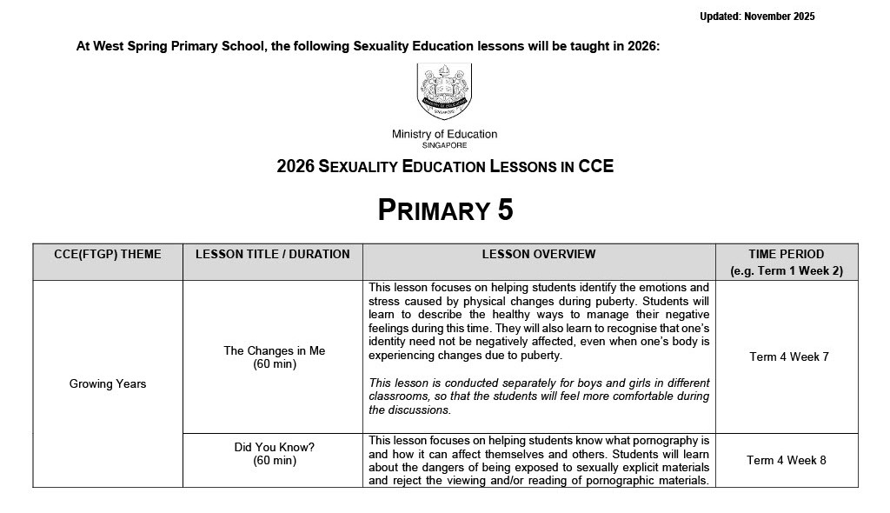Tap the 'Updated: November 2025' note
coord(757,17)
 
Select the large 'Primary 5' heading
coord(445,210)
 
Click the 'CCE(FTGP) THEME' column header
coord(108,255)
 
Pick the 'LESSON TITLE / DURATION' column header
coord(273,255)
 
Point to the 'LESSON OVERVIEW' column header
coord(539,255)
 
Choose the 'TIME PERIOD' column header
coord(787,255)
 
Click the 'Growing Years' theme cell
coord(108,384)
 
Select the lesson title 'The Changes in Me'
coord(274,350)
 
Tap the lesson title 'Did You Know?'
coord(274,447)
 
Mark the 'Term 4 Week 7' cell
coord(788,357)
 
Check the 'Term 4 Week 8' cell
coord(787,460)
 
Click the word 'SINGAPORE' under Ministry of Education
coord(444,146)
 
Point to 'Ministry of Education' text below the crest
coord(444,134)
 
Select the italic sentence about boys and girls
coord(539,396)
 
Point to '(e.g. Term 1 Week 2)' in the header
coord(787,270)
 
